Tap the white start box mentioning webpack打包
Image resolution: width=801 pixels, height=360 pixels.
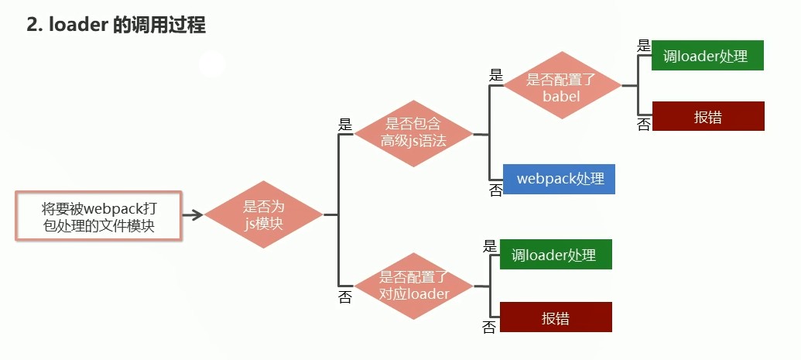[98, 217]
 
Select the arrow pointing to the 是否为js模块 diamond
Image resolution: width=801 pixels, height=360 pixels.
[193, 214]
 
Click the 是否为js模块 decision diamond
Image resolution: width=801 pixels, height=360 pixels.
[264, 214]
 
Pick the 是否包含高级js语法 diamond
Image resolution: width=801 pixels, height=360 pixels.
[413, 133]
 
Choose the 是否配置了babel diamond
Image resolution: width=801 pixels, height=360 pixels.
[562, 86]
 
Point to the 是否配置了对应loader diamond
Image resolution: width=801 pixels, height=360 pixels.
[413, 286]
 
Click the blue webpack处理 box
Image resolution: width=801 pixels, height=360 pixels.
[559, 178]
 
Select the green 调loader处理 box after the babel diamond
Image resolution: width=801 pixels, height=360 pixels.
[707, 56]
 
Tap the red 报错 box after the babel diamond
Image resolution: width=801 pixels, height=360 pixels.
[707, 116]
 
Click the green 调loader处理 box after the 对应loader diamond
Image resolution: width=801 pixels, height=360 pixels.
[556, 255]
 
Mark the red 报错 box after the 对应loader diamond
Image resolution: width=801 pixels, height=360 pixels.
[556, 317]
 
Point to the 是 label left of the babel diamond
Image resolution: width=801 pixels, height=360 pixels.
[496, 75]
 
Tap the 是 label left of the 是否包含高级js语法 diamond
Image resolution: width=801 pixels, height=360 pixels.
[345, 124]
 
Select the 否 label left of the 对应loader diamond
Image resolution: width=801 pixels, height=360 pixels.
[345, 297]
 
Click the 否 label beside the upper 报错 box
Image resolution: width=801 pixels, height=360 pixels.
[644, 125]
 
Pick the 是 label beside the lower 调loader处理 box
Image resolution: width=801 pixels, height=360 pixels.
[489, 246]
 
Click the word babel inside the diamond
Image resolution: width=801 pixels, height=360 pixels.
[562, 96]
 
